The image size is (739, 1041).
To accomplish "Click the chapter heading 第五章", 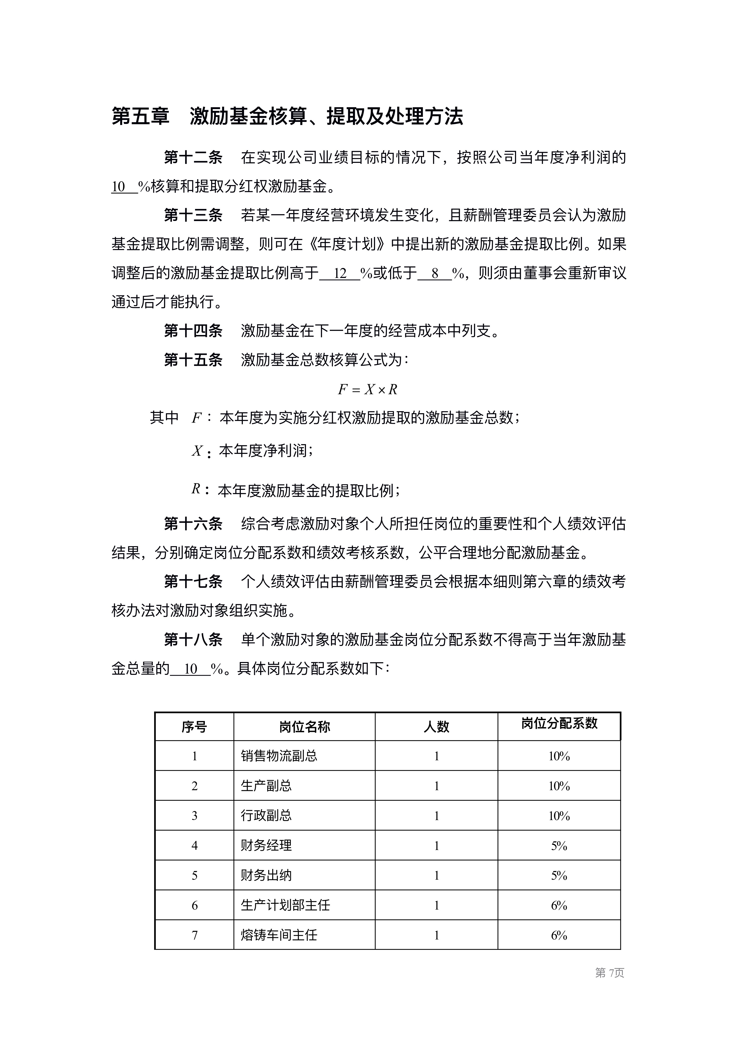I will [140, 116].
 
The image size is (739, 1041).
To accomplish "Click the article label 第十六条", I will [193, 524].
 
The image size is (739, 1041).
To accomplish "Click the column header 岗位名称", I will [304, 727].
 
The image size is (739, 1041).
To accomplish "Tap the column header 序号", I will [194, 727].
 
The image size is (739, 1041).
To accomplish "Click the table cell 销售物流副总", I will [279, 756].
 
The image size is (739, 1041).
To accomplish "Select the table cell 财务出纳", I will [266, 875].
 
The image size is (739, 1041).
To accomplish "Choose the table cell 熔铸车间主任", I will [279, 935].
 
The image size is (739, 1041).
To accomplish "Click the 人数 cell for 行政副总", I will [436, 816].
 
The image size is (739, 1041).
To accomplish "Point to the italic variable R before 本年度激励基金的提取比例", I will [196, 489].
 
